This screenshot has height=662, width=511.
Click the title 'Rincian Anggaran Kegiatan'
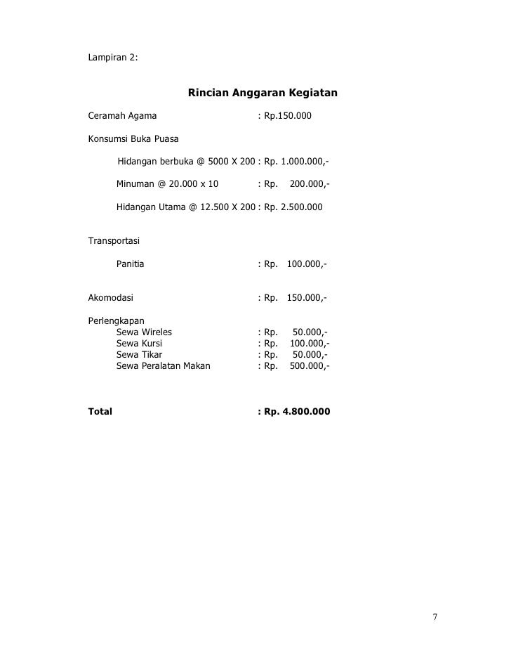263,93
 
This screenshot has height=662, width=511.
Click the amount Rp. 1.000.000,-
296,162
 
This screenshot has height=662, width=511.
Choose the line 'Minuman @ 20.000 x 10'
167,185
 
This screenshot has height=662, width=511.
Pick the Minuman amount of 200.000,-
310,185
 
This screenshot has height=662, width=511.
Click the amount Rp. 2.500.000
293,208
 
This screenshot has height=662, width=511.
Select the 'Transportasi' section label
114,241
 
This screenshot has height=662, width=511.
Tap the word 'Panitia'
130,265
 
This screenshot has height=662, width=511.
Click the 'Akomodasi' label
110,297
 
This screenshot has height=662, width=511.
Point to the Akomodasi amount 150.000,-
307,297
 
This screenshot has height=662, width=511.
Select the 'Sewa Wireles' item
144,332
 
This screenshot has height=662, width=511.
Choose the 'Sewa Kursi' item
140,344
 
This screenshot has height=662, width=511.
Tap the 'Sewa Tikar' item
139,355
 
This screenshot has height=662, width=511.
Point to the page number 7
435,618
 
